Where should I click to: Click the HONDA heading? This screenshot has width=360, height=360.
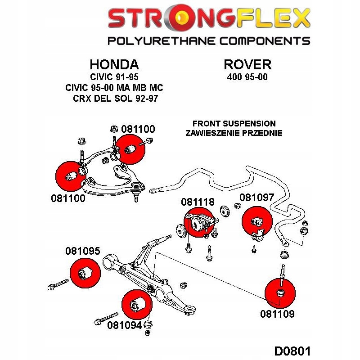[114, 64]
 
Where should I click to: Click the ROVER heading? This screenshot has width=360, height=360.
[247, 64]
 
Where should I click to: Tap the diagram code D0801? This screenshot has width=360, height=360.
[292, 351]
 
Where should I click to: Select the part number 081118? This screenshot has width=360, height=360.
[198, 202]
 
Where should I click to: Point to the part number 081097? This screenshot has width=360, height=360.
[256, 198]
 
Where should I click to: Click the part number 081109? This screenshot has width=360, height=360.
[277, 314]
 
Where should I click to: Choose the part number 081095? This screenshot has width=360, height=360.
[83, 251]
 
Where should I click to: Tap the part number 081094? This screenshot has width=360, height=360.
[125, 325]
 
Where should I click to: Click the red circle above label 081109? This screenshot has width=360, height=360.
[280, 293]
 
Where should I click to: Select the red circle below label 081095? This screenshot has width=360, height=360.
[85, 273]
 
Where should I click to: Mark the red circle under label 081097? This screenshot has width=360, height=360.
[257, 221]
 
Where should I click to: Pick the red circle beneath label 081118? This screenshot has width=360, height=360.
[199, 222]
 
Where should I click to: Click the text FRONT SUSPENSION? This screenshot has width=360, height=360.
[234, 123]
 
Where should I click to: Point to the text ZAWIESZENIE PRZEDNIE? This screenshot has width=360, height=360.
[234, 133]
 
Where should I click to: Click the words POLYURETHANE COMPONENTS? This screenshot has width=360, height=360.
[209, 41]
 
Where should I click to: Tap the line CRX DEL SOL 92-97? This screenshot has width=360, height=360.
[116, 99]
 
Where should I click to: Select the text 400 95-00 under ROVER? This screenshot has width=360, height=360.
[247, 77]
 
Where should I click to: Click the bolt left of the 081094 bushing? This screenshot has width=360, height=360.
[106, 319]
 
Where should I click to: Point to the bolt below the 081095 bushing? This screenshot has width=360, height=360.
[58, 284]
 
